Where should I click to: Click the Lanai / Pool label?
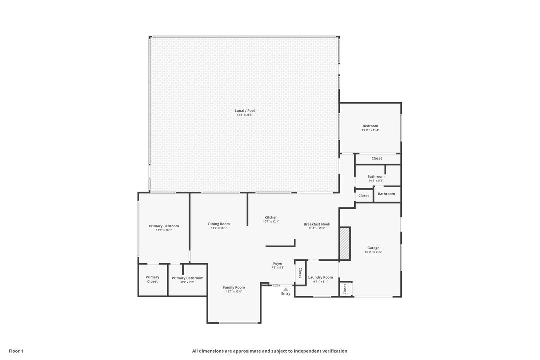[245, 111]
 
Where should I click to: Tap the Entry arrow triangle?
[286, 289]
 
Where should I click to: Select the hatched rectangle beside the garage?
[345, 243]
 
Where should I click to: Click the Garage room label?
[373, 248]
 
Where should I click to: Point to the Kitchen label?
[271, 217]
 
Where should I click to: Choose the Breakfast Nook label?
[317, 224]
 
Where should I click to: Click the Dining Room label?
[219, 224]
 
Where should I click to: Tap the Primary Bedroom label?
[164, 226]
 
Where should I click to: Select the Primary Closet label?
[152, 279]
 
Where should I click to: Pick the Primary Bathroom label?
[187, 278]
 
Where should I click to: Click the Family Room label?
[234, 287]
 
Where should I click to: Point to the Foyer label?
[278, 263]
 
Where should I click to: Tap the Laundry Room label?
[320, 277]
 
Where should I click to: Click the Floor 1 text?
[16, 351]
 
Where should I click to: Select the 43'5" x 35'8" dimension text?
[245, 115]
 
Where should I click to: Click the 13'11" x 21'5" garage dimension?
[373, 252]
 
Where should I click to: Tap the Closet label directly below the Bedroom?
[377, 158]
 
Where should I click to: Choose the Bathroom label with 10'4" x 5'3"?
[376, 176]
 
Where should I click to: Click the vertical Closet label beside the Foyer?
[300, 273]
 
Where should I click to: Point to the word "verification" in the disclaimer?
[334, 351]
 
